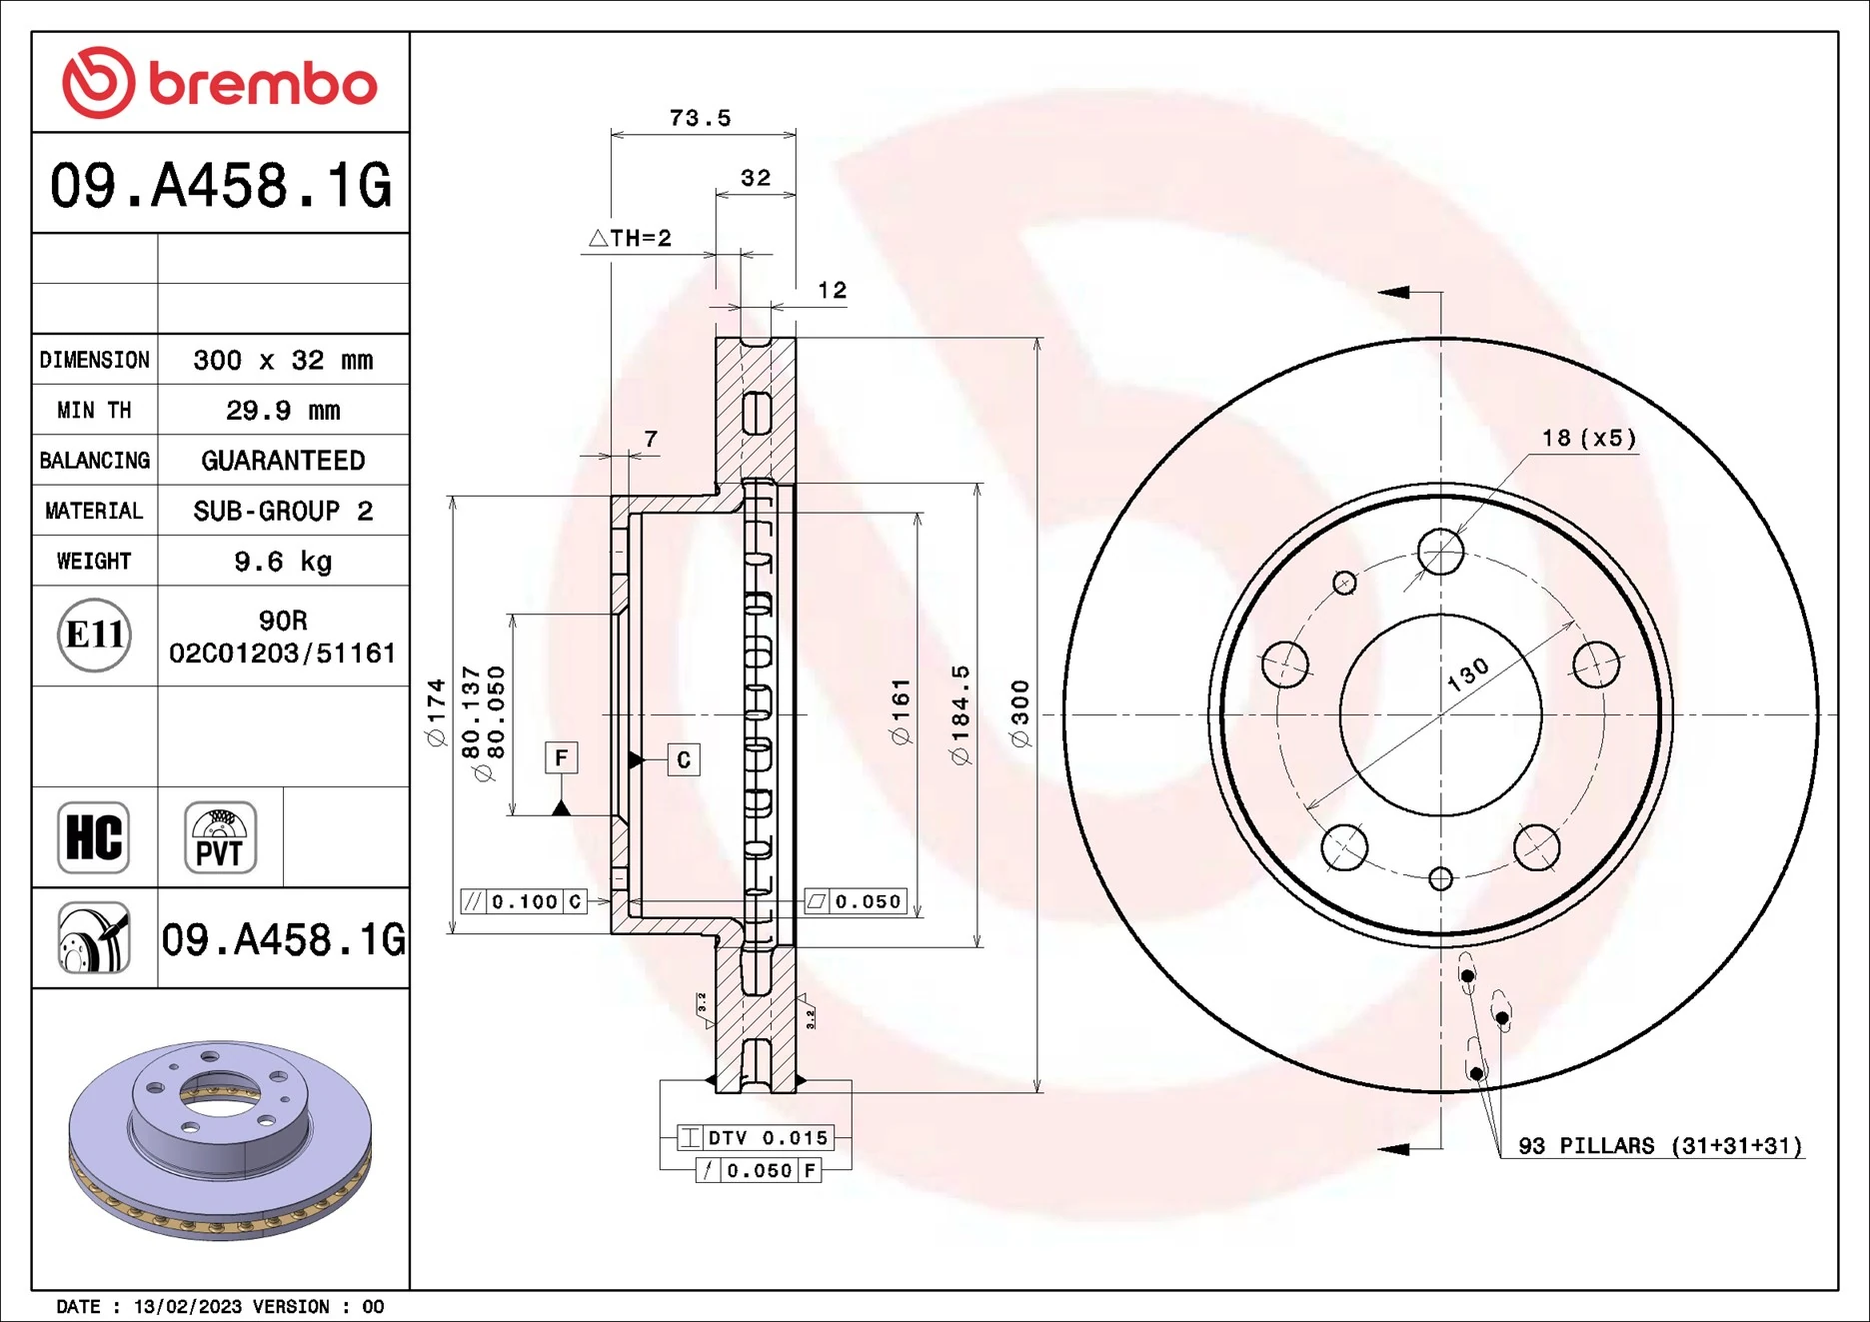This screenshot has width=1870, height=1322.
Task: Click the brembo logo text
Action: pyautogui.click(x=262, y=84)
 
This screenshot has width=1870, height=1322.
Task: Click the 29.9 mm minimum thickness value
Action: pyautogui.click(x=283, y=411)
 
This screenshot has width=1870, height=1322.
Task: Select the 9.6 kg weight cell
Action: pyautogui.click(x=283, y=562)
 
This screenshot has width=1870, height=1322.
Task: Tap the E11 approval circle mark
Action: pyautogui.click(x=94, y=635)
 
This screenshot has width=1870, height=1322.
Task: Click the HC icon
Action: pyautogui.click(x=94, y=837)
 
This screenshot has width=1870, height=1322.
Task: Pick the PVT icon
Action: pyautogui.click(x=220, y=837)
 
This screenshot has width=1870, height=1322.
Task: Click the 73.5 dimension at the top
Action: pyautogui.click(x=700, y=118)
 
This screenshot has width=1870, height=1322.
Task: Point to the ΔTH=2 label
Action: pyautogui.click(x=631, y=238)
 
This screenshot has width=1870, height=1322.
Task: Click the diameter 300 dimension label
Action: pyautogui.click(x=1019, y=713)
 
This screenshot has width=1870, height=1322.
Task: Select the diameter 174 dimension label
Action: pyautogui.click(x=436, y=713)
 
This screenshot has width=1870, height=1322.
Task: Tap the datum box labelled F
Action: pyautogui.click(x=562, y=757)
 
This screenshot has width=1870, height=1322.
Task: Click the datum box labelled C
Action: pyautogui.click(x=684, y=759)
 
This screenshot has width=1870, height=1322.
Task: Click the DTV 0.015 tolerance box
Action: pyautogui.click(x=756, y=1137)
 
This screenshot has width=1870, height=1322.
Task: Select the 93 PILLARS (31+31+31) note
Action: pyautogui.click(x=1659, y=1146)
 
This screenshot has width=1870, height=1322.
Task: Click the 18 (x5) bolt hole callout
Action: pyautogui.click(x=1589, y=438)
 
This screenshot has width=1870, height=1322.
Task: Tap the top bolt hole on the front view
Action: pyautogui.click(x=1440, y=552)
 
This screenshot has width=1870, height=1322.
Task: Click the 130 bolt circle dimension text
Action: pyautogui.click(x=1468, y=675)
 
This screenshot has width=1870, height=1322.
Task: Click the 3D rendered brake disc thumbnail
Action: pyautogui.click(x=220, y=1139)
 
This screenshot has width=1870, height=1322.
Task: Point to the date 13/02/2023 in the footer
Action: pyautogui.click(x=187, y=1307)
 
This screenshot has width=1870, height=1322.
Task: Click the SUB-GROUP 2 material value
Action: pyautogui.click(x=283, y=512)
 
